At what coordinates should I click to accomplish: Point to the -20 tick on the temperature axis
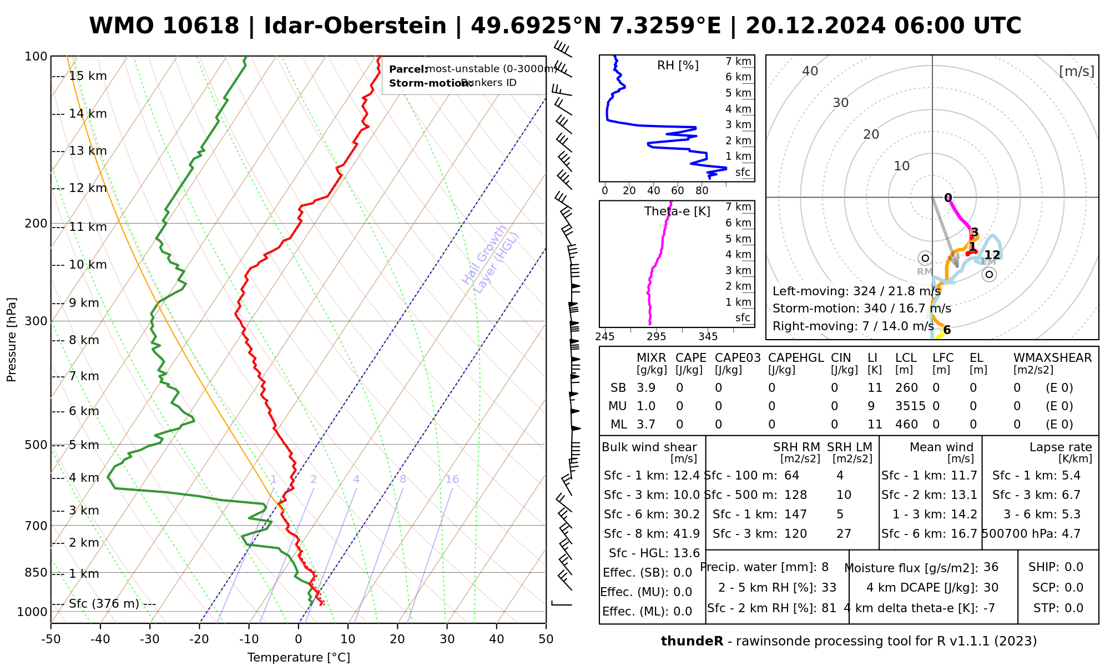[199, 639]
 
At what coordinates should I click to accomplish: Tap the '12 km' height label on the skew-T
[88, 188]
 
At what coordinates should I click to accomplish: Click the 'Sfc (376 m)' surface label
[104, 604]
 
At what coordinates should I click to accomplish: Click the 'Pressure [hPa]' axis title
[12, 340]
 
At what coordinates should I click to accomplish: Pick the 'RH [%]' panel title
[678, 65]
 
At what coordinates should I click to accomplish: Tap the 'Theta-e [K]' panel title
[677, 211]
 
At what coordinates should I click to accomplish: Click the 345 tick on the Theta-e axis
[708, 337]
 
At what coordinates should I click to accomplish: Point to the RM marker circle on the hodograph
[925, 258]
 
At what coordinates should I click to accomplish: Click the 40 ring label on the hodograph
[810, 71]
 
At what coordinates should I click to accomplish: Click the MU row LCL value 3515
[910, 406]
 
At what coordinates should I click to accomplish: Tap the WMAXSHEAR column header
[1052, 358]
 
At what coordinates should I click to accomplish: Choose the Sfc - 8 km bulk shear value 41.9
[687, 534]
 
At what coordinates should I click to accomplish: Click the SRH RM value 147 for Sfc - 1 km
[795, 514]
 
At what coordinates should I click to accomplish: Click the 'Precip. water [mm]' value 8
[825, 567]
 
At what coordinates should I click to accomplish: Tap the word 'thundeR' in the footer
[692, 642]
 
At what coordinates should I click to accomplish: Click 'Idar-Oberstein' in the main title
[355, 26]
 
